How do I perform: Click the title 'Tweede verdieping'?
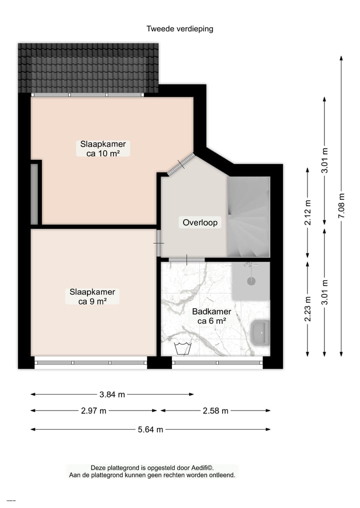click(x=179, y=28)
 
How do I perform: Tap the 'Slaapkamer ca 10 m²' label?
click(x=103, y=149)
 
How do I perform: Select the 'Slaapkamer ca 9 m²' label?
click(x=92, y=297)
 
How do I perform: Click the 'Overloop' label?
click(x=200, y=223)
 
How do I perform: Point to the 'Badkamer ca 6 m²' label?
click(x=211, y=316)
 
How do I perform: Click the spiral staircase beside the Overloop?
click(x=248, y=217)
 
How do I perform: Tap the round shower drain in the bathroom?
click(x=250, y=282)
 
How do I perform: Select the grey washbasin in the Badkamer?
click(x=260, y=332)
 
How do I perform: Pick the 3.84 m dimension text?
click(x=112, y=394)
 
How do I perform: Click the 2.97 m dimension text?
click(x=93, y=411)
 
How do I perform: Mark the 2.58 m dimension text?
click(x=215, y=411)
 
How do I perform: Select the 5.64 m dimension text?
click(x=150, y=429)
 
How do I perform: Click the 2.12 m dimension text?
click(x=307, y=213)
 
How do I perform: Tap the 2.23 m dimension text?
click(x=307, y=309)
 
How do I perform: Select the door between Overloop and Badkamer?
click(x=186, y=259)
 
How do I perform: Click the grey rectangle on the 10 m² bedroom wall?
click(x=34, y=194)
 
